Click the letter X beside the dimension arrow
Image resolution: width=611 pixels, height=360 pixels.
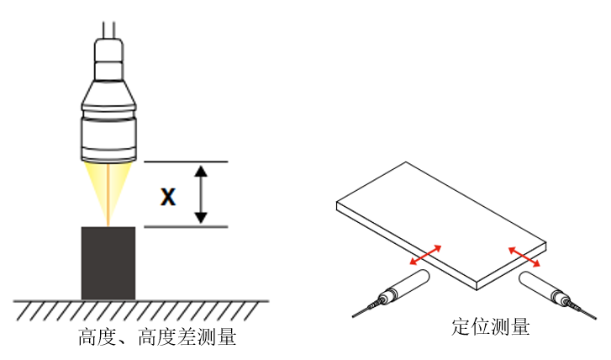click(168, 197)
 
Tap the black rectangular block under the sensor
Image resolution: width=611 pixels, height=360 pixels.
click(108, 262)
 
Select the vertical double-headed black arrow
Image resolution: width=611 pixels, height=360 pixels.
click(200, 194)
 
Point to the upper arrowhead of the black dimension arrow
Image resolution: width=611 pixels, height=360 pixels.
click(200, 171)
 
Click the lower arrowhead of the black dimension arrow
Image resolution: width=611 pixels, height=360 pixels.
click(200, 218)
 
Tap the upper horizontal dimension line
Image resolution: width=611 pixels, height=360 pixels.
click(186, 161)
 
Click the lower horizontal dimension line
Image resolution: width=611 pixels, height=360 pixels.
click(186, 227)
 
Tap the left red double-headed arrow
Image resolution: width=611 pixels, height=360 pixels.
click(424, 254)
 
